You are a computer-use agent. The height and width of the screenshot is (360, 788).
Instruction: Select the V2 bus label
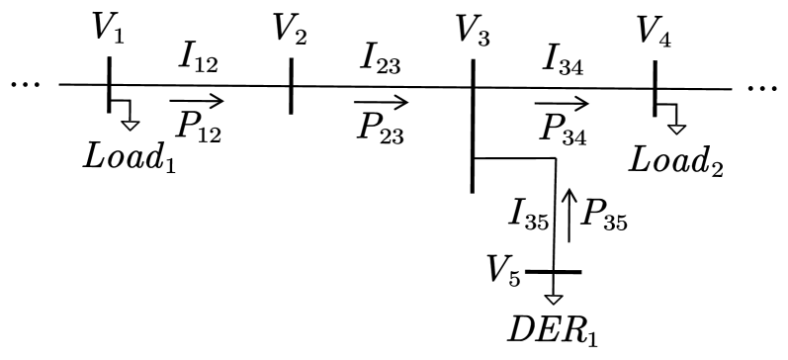click(x=292, y=31)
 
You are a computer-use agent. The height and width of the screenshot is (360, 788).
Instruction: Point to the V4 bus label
click(x=656, y=30)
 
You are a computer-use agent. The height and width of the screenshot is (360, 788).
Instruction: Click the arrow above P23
click(x=381, y=101)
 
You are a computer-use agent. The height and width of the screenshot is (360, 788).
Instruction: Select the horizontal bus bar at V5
click(x=554, y=271)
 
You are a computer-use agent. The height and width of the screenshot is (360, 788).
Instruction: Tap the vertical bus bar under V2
click(x=292, y=86)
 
